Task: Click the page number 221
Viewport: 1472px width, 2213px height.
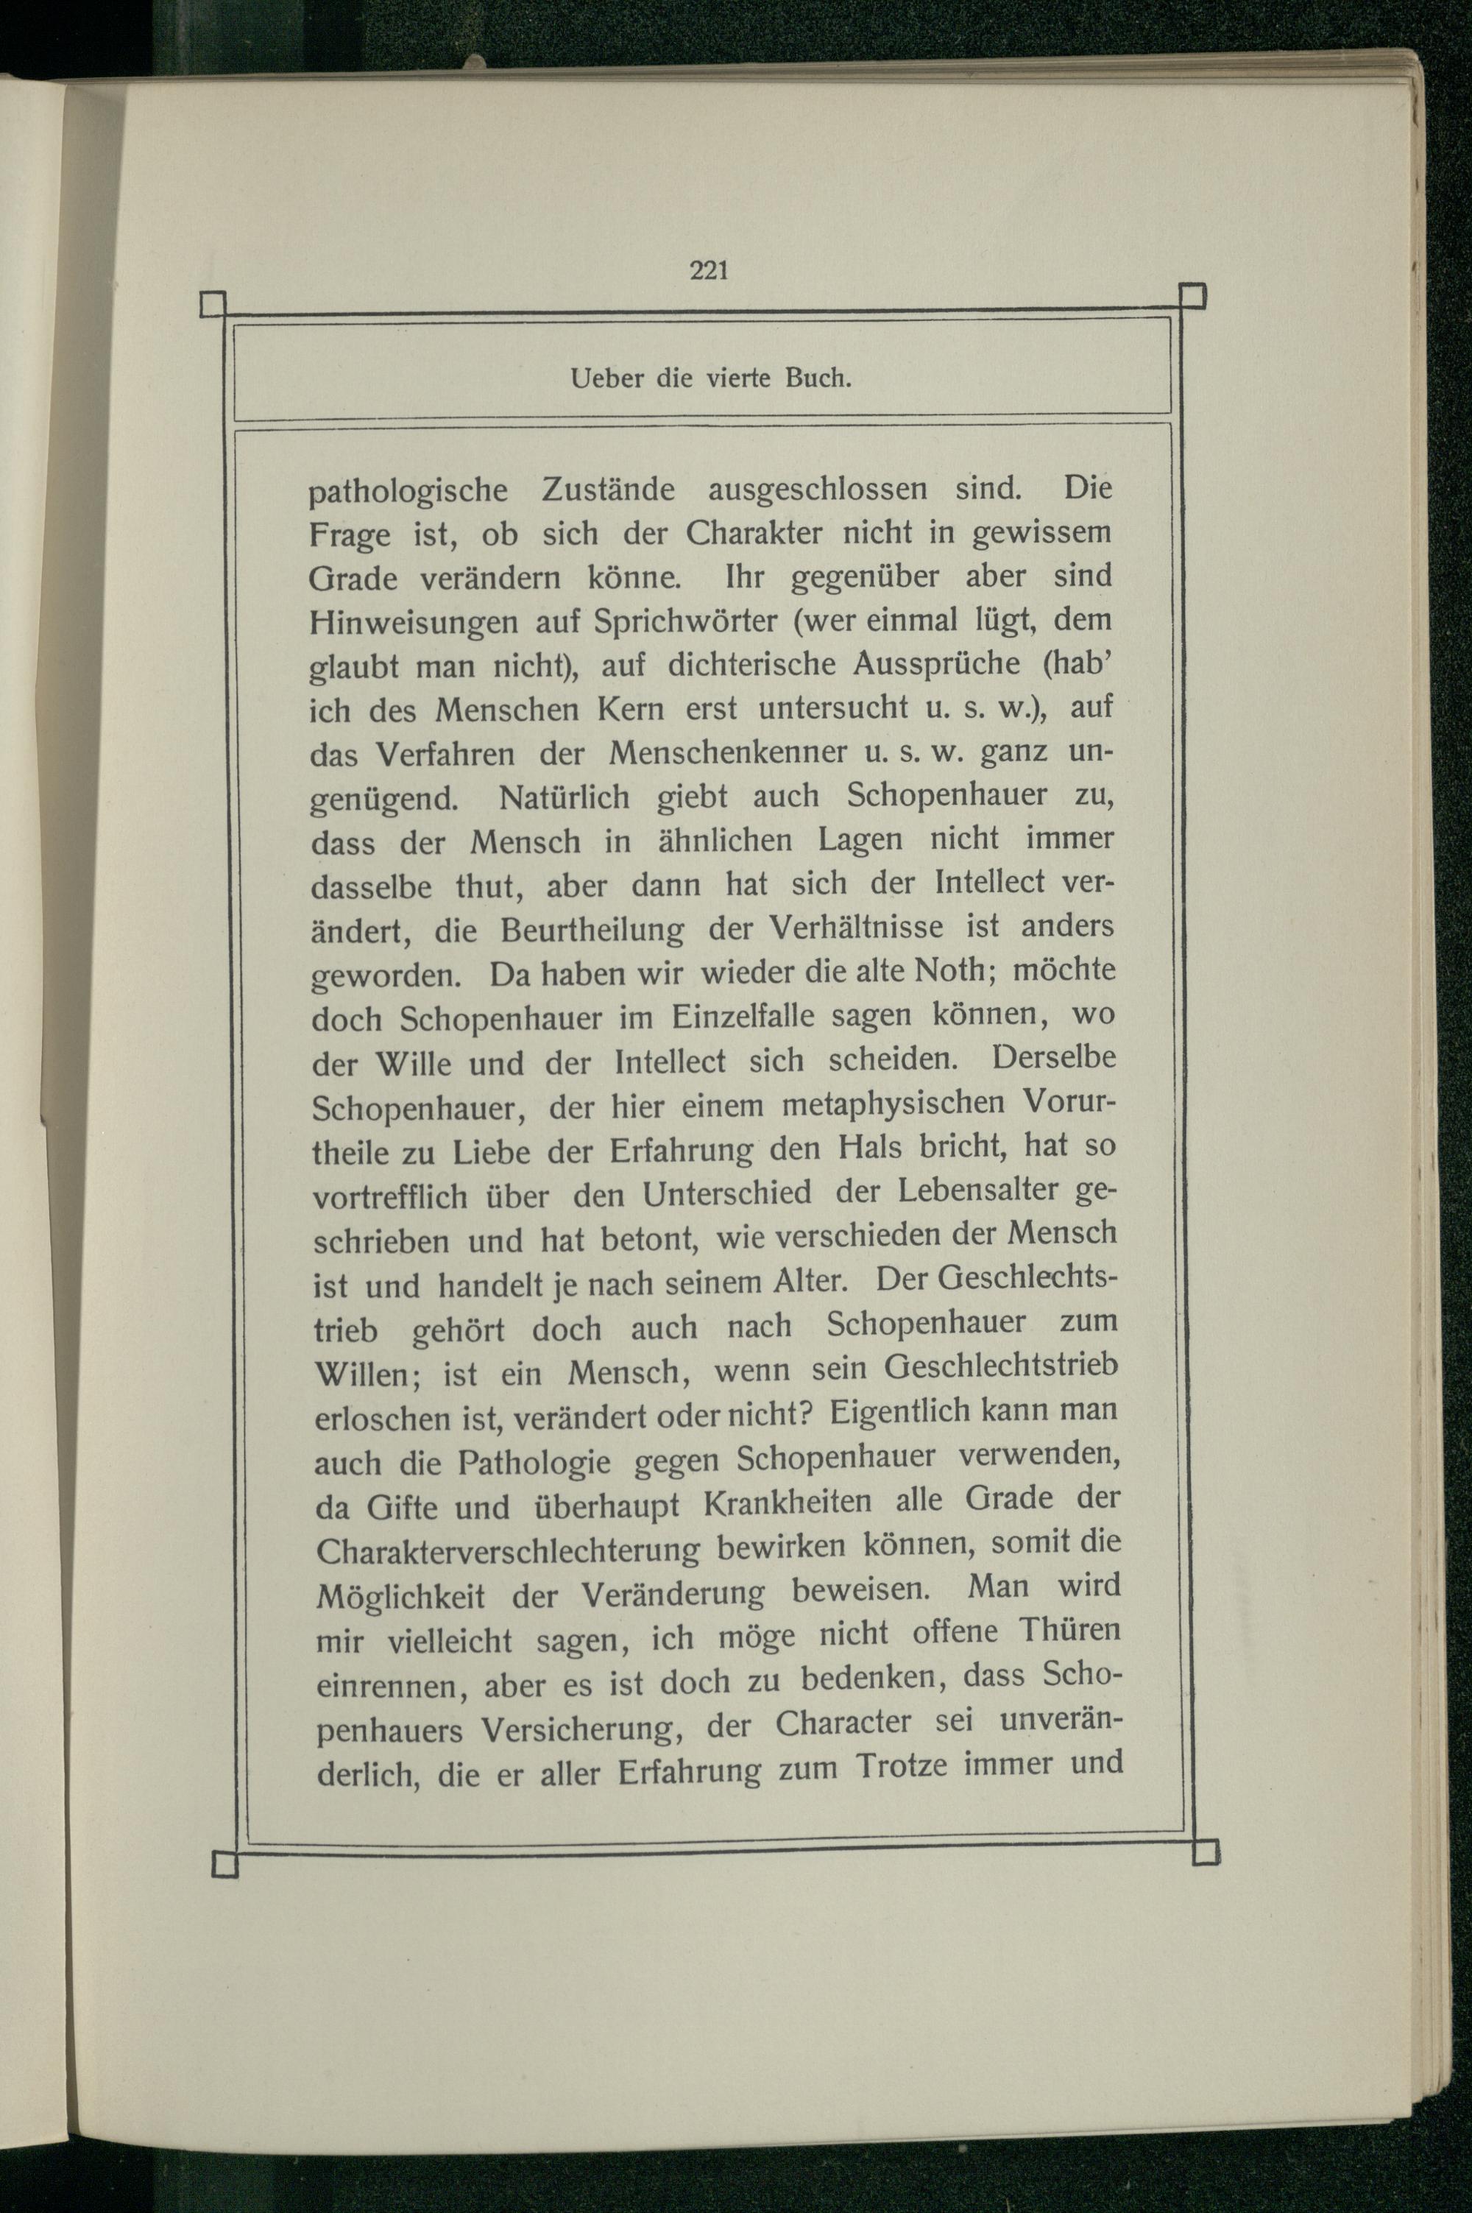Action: [709, 272]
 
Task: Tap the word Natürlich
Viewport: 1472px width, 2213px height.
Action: [565, 799]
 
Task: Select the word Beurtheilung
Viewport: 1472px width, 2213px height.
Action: [593, 931]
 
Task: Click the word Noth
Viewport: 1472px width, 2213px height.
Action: [947, 971]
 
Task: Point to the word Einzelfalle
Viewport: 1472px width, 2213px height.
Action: [729, 1017]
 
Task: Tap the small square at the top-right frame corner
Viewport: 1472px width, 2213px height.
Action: [1192, 296]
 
